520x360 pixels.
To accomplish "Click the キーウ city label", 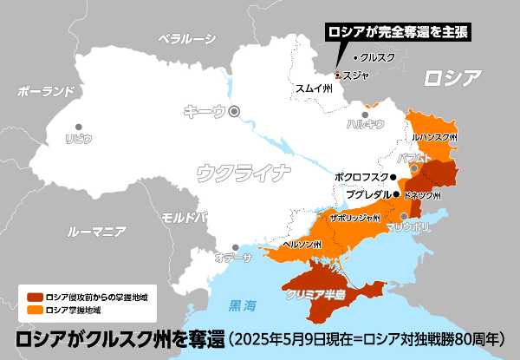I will point(205,110).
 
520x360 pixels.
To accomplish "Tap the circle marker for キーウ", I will point(232,110).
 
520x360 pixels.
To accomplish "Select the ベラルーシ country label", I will point(186,38).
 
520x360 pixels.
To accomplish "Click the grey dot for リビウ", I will point(79,127).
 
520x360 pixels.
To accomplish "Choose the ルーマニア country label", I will point(96,232).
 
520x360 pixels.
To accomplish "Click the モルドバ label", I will point(185,216).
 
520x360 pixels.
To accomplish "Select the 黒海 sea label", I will point(243,305).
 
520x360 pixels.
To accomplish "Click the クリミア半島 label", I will point(316,296).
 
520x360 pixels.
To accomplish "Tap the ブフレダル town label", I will point(368,194).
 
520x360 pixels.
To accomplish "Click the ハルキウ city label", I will point(365,123).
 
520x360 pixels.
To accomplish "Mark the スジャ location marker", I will point(338,75).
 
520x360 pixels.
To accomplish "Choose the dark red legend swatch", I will point(35,297).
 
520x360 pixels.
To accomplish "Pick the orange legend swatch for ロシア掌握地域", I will point(35,309).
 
